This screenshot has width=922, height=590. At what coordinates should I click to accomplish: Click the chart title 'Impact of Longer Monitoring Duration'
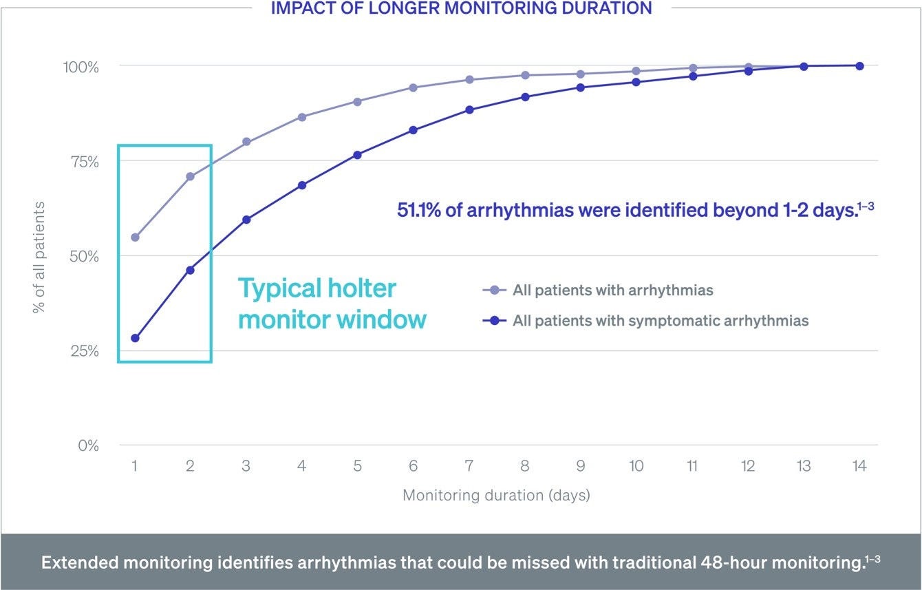461,9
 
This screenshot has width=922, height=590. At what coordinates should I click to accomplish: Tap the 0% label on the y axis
87,445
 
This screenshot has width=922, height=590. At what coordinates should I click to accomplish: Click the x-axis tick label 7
469,466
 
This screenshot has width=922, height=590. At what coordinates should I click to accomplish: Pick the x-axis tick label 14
859,466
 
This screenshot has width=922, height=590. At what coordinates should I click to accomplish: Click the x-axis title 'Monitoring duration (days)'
496,495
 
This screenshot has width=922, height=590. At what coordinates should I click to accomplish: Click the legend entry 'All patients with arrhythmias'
612,291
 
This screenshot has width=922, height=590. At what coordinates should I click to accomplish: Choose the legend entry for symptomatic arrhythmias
660,321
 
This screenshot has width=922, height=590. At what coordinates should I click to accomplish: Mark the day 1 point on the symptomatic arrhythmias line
135,338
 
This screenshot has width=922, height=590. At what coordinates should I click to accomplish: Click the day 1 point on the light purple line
135,238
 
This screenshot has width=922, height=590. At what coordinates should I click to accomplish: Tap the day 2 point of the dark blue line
190,270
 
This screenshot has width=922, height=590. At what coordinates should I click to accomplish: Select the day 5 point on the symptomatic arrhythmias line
357,155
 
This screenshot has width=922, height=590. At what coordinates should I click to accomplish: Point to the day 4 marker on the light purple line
301,117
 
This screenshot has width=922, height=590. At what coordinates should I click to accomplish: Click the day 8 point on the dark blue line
525,97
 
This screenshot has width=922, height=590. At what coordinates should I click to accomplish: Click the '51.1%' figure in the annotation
419,210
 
